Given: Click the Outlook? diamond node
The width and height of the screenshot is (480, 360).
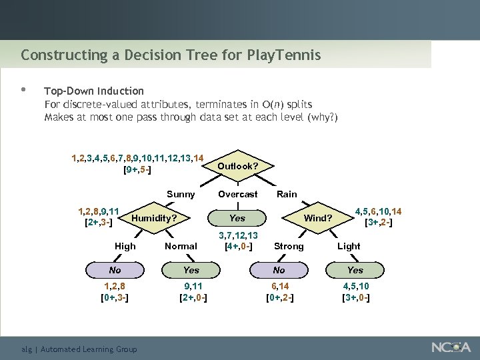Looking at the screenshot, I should click(x=237, y=166).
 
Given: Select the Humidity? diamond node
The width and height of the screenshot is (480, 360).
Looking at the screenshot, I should click(x=154, y=218).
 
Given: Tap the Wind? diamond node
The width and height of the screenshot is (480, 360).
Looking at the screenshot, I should click(x=318, y=218).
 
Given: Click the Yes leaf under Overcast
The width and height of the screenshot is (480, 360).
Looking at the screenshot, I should click(x=237, y=218).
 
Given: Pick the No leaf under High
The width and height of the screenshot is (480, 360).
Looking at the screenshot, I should click(x=115, y=270).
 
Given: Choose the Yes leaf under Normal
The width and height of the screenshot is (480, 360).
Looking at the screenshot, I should click(x=191, y=270).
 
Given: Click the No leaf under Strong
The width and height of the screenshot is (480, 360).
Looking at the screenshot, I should click(x=279, y=270).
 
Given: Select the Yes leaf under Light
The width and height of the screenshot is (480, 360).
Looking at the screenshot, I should click(x=355, y=270).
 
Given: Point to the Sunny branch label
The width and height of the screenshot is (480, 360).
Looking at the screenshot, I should click(x=181, y=194).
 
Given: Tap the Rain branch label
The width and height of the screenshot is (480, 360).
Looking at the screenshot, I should click(x=287, y=194).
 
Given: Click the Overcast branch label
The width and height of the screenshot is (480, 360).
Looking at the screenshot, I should click(x=237, y=194).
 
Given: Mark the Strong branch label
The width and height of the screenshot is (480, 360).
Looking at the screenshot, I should click(x=289, y=246).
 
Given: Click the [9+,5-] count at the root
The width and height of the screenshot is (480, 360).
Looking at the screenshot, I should click(x=137, y=170).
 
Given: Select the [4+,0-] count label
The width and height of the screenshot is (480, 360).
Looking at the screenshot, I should click(x=239, y=247).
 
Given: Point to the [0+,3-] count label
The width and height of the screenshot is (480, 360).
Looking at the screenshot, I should click(x=114, y=297).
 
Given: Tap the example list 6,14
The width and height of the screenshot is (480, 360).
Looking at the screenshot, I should click(x=279, y=286).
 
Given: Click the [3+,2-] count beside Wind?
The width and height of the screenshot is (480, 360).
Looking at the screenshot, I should click(x=379, y=223).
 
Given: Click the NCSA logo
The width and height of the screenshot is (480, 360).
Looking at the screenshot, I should click(x=451, y=347).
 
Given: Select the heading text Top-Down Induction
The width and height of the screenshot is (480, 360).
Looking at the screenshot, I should click(x=93, y=91).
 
